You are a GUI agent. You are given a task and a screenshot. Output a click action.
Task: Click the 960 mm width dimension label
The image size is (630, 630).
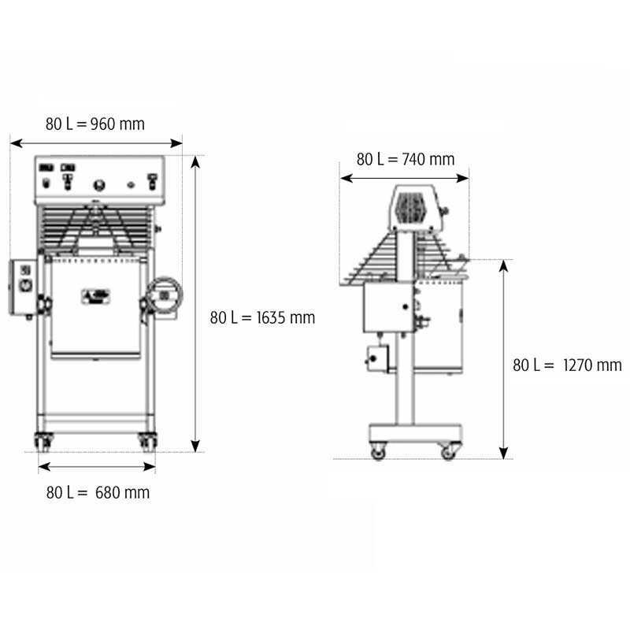(x=94, y=124)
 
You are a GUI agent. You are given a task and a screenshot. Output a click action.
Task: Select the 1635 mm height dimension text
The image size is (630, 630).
(x=262, y=317)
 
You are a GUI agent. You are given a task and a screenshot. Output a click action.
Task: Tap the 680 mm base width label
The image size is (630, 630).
(x=98, y=492)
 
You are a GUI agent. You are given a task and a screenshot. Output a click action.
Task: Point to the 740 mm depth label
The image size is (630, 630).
(x=406, y=159)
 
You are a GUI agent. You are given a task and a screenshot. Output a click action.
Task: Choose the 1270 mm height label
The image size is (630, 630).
(x=567, y=365)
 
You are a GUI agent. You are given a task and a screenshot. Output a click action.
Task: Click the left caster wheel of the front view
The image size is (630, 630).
(x=43, y=442)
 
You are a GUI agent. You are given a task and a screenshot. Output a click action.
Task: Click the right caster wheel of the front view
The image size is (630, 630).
(x=147, y=442)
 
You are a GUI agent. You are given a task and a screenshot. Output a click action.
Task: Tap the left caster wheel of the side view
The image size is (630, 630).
(x=378, y=450)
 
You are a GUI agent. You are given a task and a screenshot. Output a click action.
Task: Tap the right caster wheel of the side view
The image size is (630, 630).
(x=448, y=450)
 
